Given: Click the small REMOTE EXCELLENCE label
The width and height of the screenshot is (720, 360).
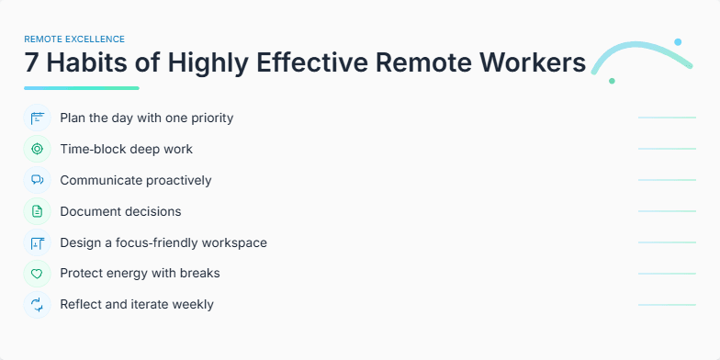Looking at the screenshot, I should point(74,39).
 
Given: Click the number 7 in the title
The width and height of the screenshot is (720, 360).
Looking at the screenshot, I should point(33,63).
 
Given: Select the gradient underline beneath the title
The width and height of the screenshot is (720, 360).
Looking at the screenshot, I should point(82,88).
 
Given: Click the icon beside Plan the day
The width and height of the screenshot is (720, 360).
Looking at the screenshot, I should point(38,118).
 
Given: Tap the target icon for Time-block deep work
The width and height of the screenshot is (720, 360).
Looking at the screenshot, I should point(38,149).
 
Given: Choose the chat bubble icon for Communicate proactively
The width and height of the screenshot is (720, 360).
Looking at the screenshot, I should point(38,180).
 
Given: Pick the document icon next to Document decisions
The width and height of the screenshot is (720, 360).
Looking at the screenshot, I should point(38,211).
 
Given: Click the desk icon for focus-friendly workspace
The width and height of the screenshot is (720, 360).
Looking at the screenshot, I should point(38,242).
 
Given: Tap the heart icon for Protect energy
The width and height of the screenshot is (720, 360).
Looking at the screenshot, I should point(38,274).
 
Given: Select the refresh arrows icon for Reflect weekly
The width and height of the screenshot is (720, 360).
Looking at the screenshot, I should point(38,305).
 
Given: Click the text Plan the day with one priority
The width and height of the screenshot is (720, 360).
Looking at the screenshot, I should point(147,118).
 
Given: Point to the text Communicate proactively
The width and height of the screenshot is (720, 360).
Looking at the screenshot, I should point(136,180).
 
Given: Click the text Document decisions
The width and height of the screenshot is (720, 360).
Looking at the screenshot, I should point(120,211).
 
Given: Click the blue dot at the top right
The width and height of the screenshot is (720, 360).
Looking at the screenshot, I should point(678,42).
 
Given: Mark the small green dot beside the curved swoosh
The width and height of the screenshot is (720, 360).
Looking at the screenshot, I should point(612,81).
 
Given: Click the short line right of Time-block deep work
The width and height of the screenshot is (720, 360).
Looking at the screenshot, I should point(667,149).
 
